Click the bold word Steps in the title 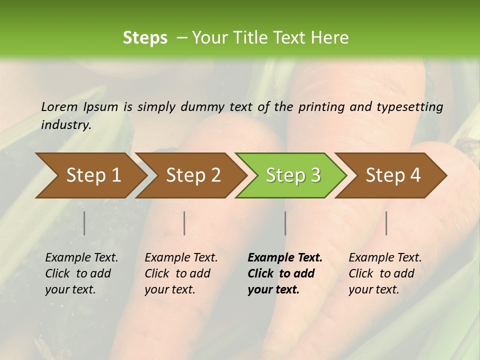145,38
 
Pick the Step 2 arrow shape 193,175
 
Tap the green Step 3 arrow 293,175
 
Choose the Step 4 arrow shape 393,175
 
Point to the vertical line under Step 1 84,223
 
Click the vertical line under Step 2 184,223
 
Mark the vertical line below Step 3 285,223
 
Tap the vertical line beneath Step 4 386,223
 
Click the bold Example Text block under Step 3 284,273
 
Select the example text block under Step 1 81,273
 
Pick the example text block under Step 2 181,273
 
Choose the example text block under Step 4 385,273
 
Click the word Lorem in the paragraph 59,106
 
